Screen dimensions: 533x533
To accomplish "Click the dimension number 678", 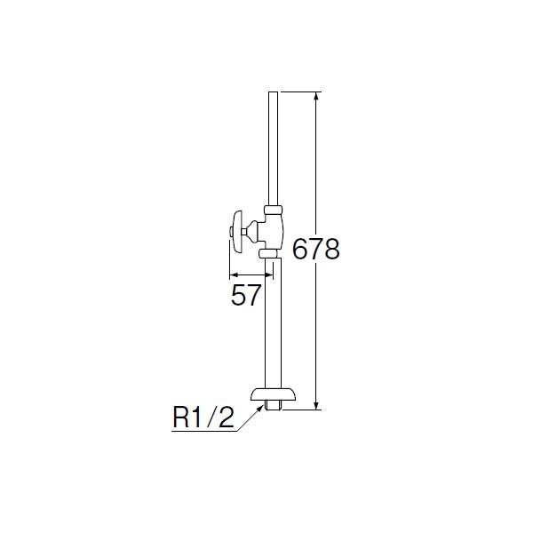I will point(316,250).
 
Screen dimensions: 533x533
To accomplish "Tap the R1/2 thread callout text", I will point(203,418).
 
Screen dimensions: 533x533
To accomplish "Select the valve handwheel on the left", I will point(236,230).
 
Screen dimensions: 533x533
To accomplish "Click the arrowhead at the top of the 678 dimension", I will point(316,96).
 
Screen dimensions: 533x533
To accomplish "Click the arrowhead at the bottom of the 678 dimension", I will point(316,405).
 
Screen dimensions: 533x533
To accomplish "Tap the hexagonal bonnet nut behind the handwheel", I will point(253,230).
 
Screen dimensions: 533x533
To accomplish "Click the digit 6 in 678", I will point(301,250).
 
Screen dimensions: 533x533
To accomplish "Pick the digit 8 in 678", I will point(331,250).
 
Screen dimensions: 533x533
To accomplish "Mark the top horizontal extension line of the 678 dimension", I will point(298,91).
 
